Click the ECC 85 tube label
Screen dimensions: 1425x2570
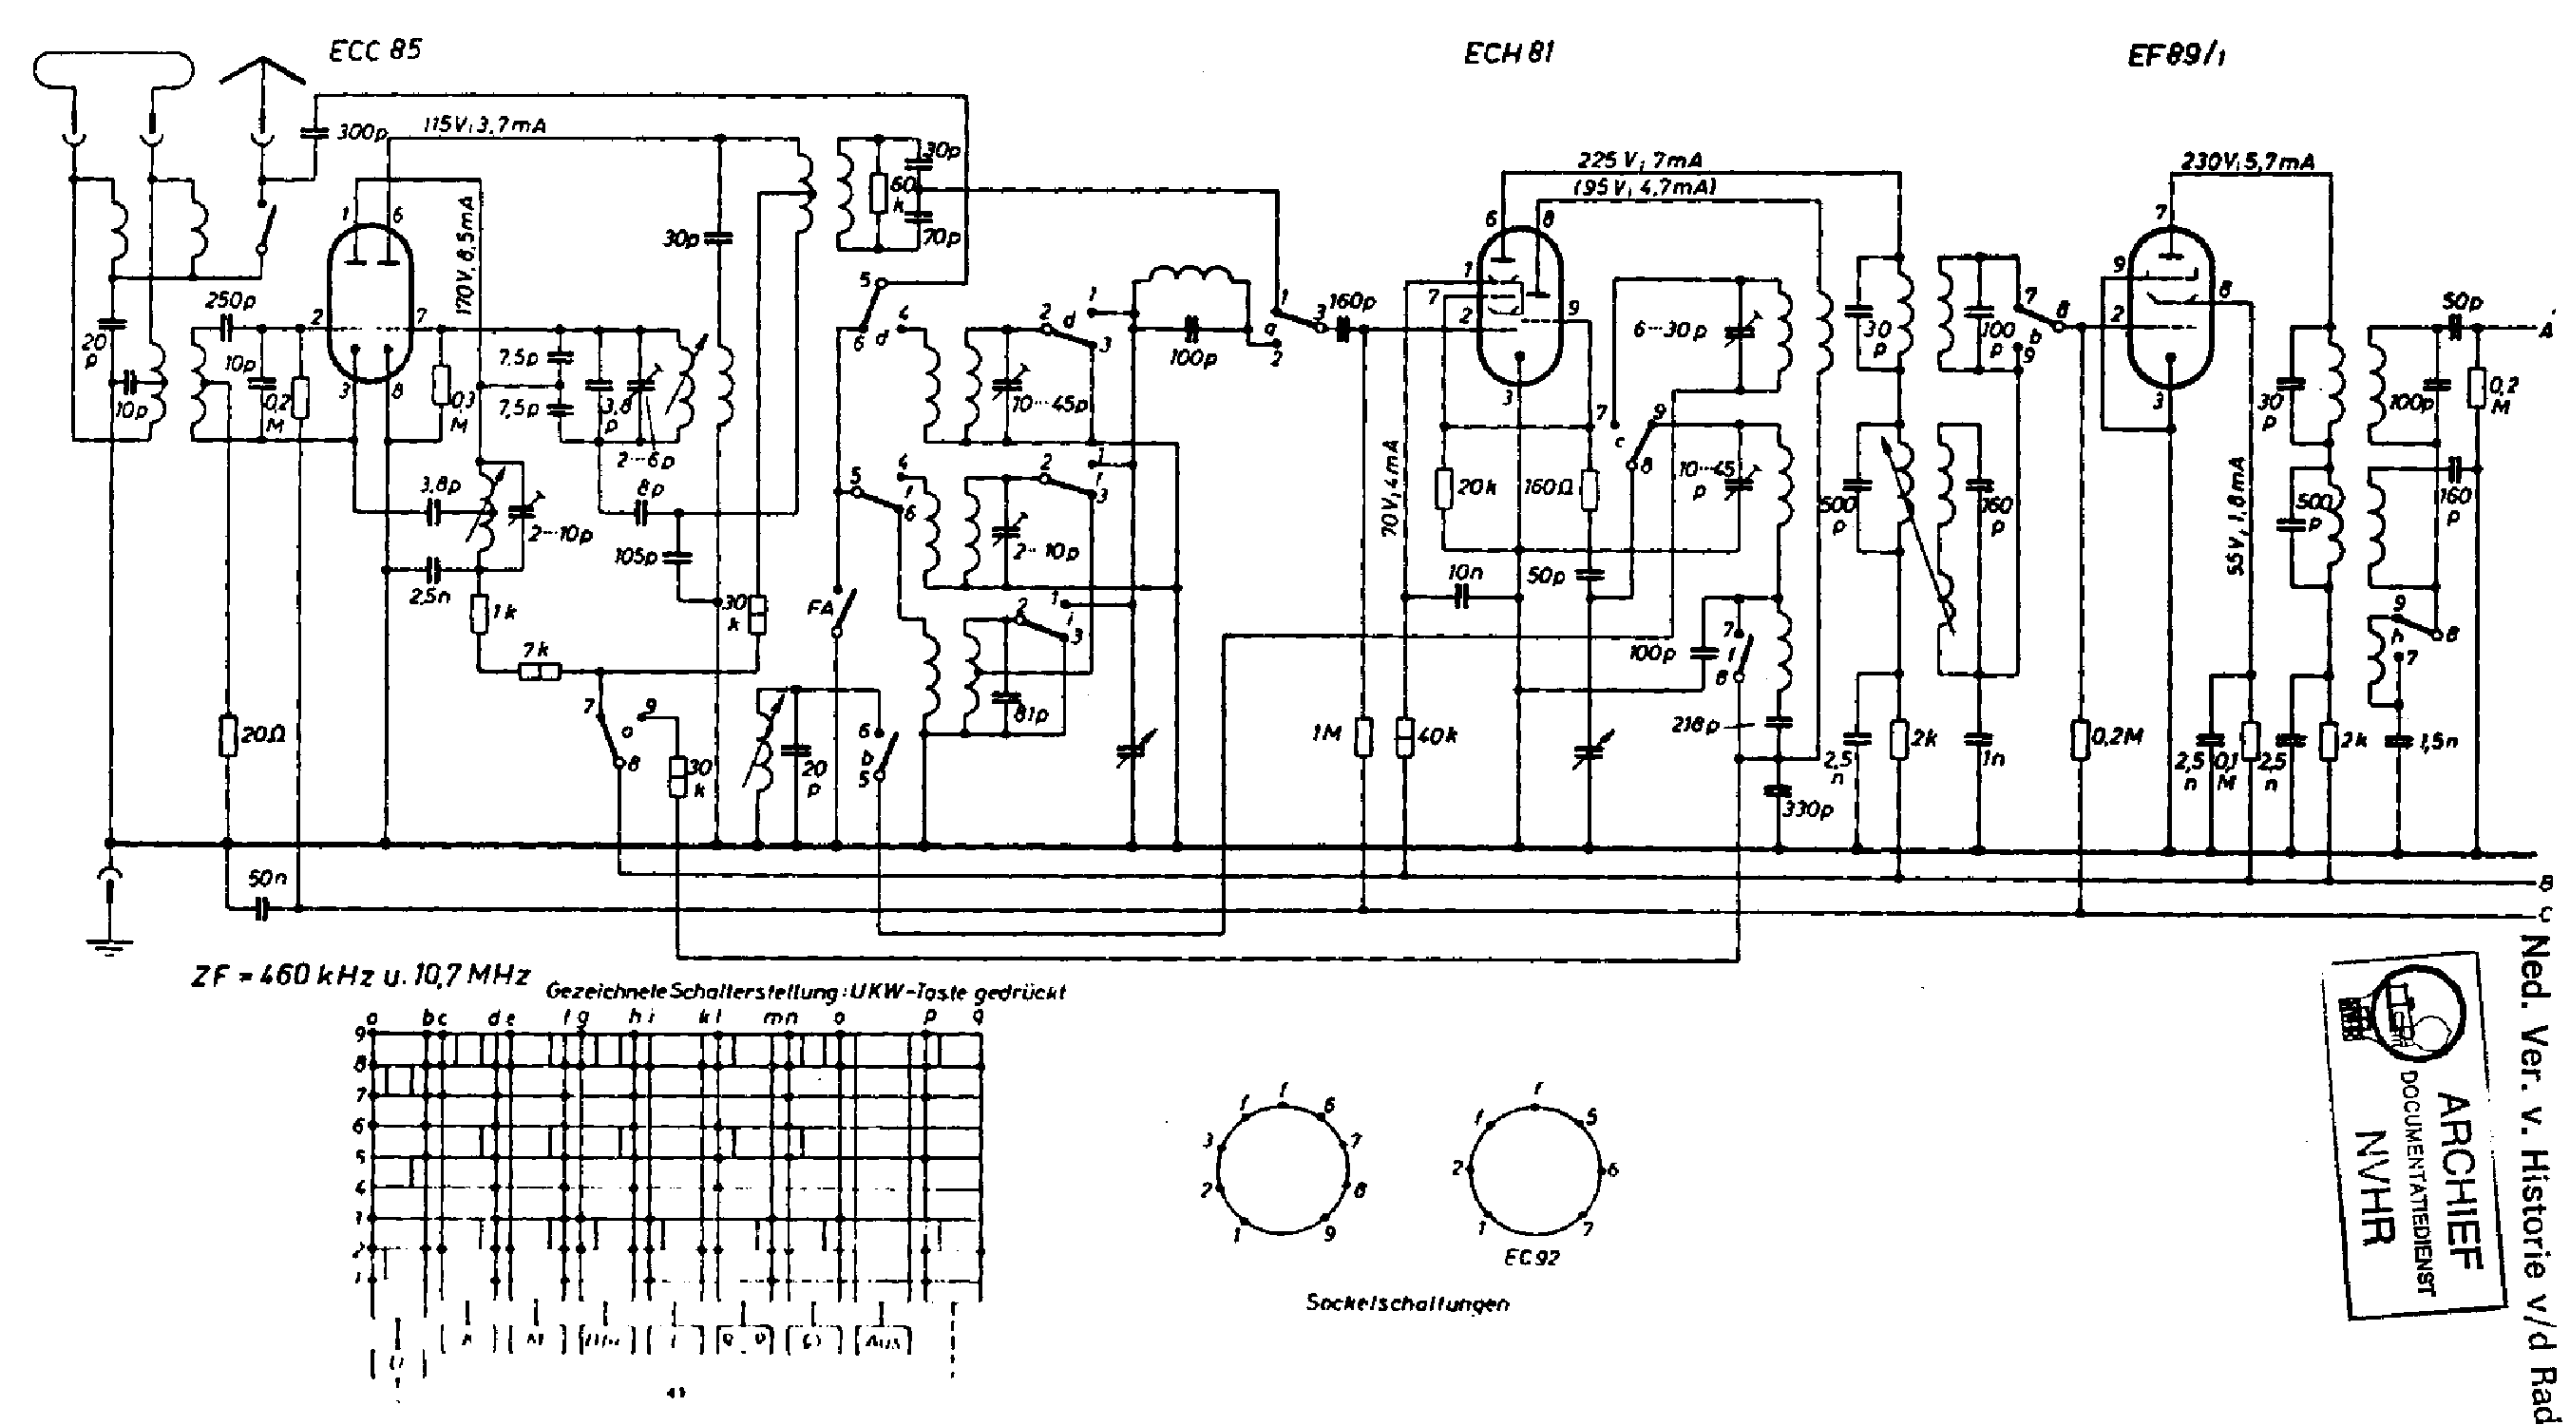click(x=374, y=51)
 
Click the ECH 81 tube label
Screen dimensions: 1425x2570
click(x=1508, y=54)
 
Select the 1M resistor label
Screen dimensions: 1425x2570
click(x=1329, y=735)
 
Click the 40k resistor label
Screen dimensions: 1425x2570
click(x=1439, y=735)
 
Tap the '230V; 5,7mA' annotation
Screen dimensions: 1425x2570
click(x=2248, y=161)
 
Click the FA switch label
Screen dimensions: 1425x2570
click(x=820, y=606)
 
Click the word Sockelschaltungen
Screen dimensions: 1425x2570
click(x=1407, y=1303)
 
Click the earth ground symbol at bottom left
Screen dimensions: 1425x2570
click(x=110, y=944)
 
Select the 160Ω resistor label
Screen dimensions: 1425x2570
click(x=1550, y=488)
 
